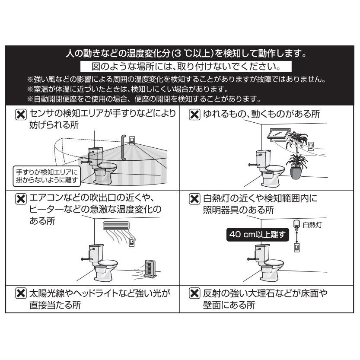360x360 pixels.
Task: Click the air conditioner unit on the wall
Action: pyautogui.click(x=116, y=226)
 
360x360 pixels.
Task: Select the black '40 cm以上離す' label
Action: pyautogui.click(x=257, y=235)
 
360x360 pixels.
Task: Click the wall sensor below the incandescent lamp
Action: pyautogui.click(x=297, y=248)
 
